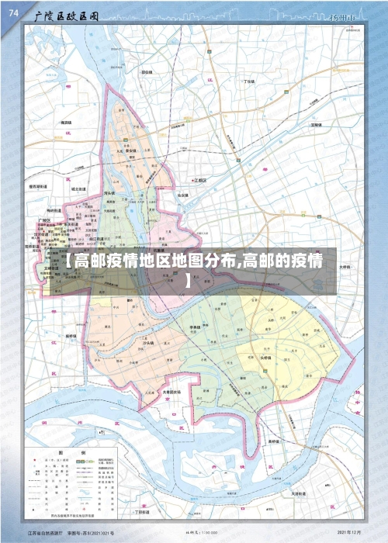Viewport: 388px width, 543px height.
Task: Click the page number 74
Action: tap(13, 13)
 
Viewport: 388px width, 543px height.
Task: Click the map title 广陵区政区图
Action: tap(66, 16)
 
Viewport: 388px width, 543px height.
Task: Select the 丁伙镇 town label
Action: tap(248, 81)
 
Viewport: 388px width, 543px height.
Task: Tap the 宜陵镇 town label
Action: tap(315, 124)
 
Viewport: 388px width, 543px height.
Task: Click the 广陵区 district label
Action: tap(44, 221)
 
